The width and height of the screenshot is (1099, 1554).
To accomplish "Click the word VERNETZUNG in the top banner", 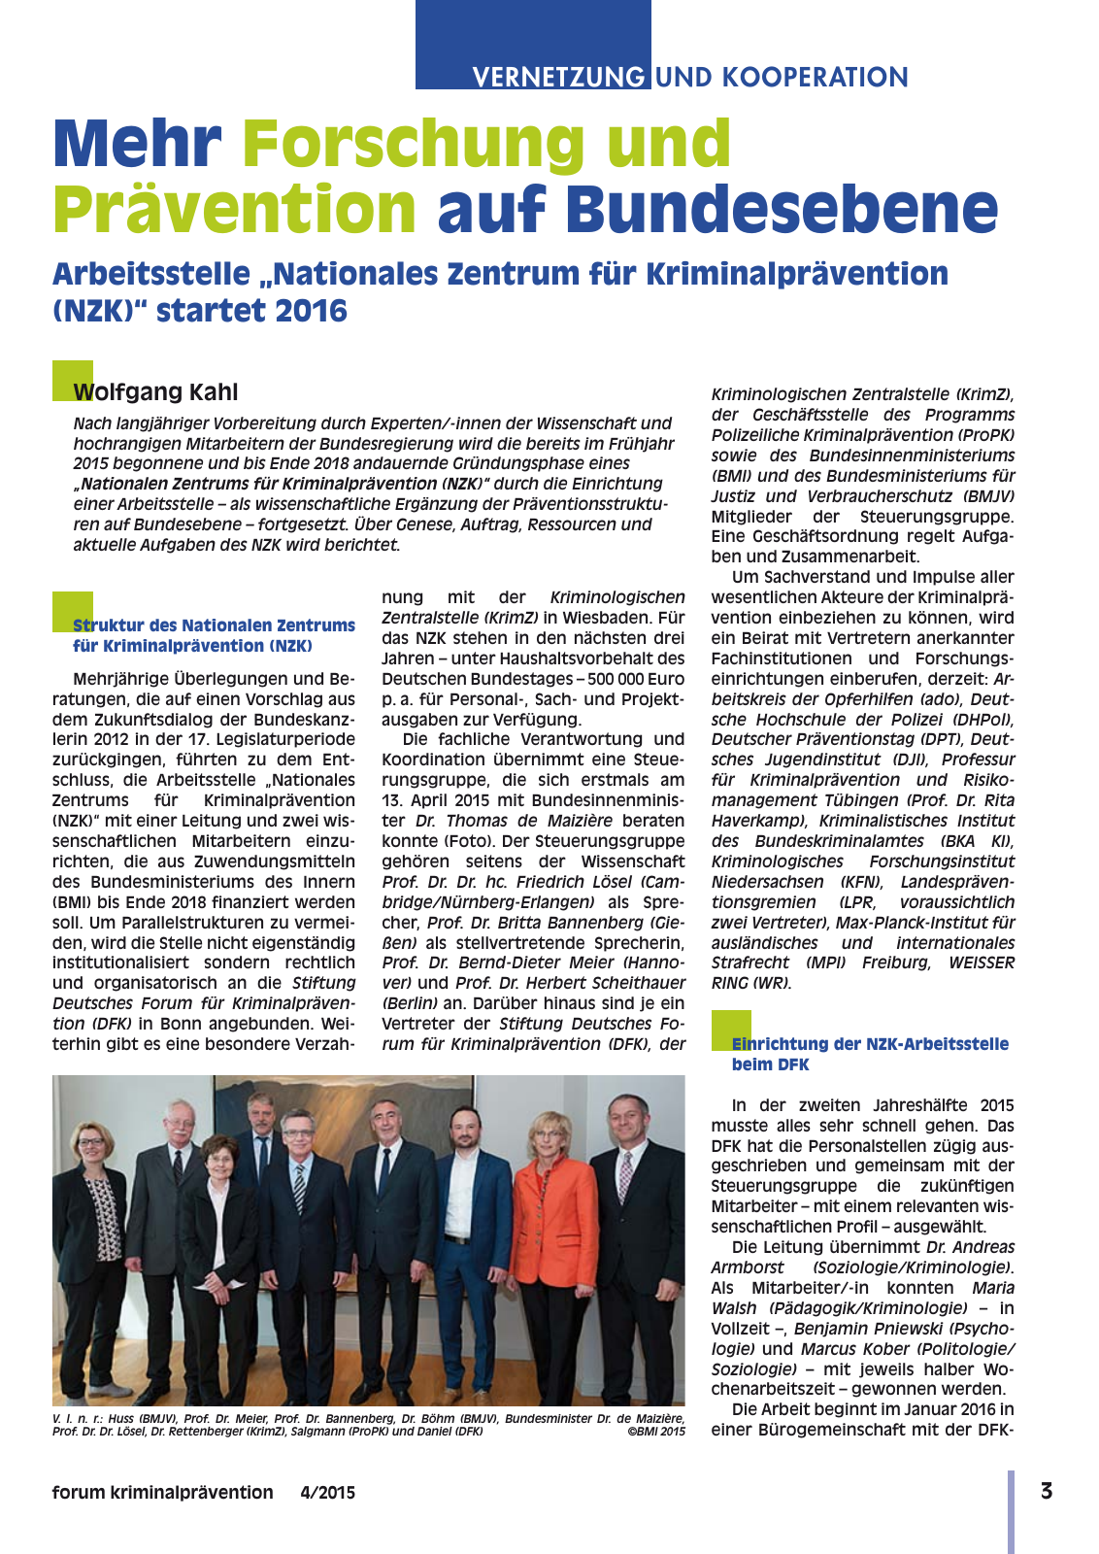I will pos(558,77).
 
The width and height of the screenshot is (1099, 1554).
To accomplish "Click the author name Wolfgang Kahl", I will pos(155,392).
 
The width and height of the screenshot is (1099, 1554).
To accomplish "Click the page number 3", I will pos(1047,1491).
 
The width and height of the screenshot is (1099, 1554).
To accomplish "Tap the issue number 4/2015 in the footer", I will pos(327,1493).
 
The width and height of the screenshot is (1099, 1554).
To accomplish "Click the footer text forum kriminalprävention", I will pos(162,1493).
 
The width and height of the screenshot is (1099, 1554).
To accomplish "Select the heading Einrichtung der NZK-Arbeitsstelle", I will pos(870,1044).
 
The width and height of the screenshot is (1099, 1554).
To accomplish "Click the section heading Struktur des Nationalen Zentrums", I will pos(214,625).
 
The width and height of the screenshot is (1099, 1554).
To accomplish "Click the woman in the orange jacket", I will pos(557,1253).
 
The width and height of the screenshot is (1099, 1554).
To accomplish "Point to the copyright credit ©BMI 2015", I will pos(656,1432).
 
